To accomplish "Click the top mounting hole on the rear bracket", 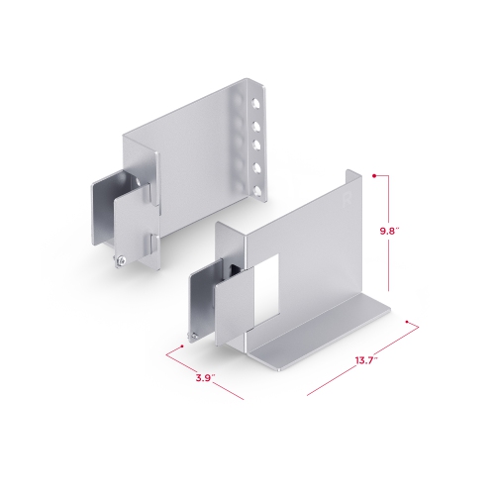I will [255, 101].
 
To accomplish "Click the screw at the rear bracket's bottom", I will [118, 260].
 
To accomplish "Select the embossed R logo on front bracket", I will [346, 200].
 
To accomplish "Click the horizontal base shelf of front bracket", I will [317, 332].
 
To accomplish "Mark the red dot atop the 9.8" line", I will [373, 175].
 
